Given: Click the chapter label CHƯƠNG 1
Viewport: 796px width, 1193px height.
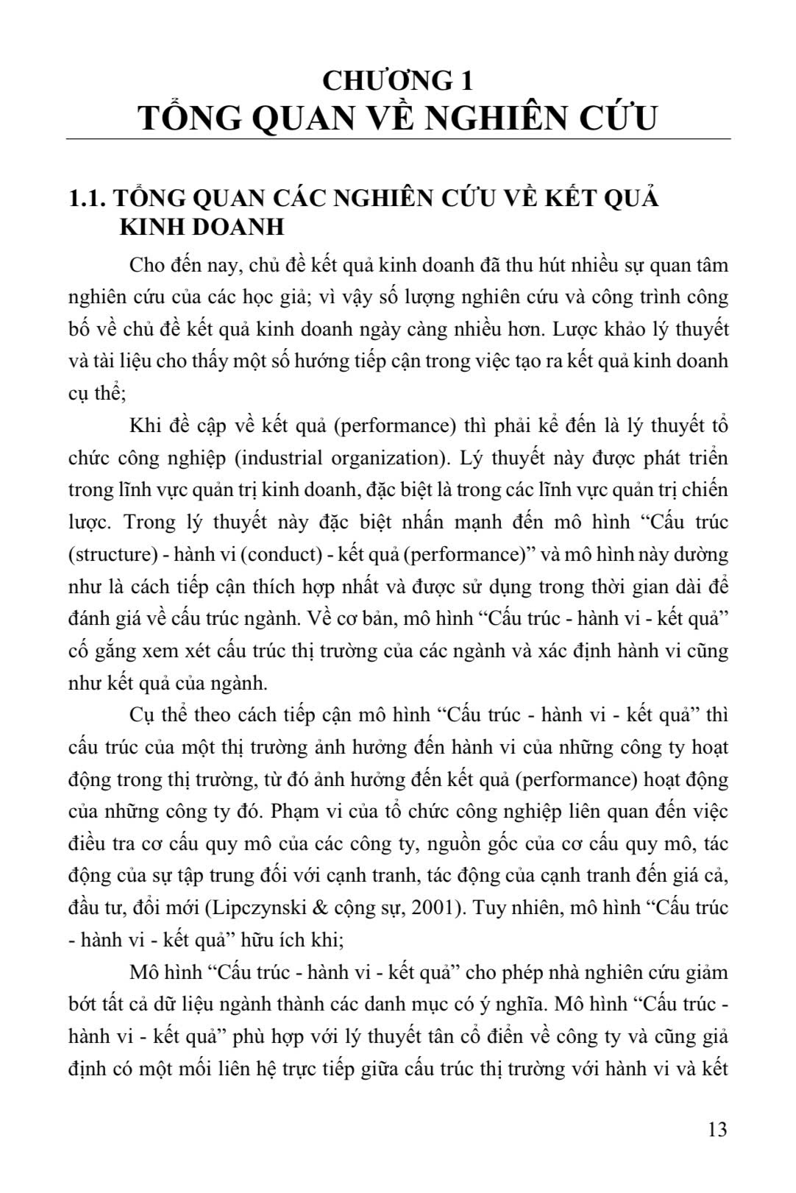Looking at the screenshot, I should tap(398, 79).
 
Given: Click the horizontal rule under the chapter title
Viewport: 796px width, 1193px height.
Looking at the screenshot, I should tap(398, 139).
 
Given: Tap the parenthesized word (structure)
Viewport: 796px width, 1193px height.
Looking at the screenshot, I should tap(103, 554).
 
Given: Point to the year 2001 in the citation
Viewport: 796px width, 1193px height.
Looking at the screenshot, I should tap(438, 907).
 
